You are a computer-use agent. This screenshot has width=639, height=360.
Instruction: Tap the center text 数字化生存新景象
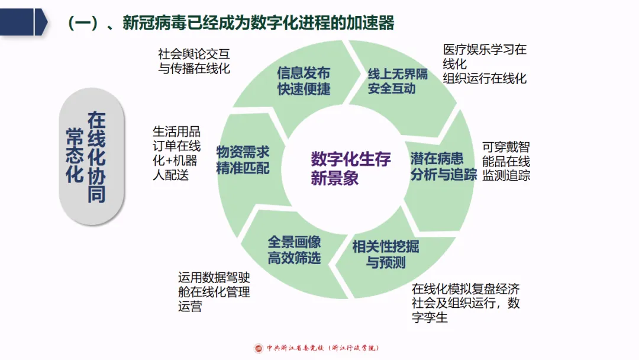click(x=350, y=168)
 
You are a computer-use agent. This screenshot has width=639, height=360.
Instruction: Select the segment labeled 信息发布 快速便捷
click(x=304, y=81)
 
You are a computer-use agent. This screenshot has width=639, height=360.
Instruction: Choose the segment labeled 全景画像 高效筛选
click(x=294, y=250)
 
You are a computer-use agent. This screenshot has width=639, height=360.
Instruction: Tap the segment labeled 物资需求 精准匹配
click(x=243, y=159)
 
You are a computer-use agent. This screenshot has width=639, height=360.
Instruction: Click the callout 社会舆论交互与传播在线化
click(x=194, y=61)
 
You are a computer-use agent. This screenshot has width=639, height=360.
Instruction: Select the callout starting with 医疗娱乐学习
click(x=485, y=64)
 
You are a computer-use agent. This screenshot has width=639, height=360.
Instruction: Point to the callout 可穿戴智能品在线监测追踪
click(x=506, y=161)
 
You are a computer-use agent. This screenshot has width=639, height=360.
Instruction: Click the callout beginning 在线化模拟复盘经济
click(x=466, y=303)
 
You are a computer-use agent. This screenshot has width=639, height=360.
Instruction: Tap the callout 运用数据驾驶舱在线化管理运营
click(x=214, y=292)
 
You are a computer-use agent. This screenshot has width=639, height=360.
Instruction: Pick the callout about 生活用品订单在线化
click(x=176, y=153)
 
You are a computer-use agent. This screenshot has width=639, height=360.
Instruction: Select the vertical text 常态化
click(x=75, y=157)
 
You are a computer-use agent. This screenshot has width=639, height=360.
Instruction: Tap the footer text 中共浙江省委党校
click(x=296, y=348)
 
